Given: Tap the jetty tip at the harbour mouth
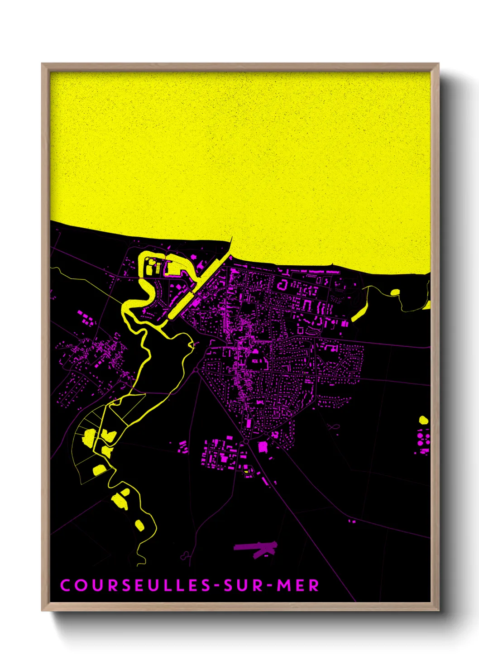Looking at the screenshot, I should pos(231,239).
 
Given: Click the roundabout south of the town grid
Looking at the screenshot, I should pos(245,440).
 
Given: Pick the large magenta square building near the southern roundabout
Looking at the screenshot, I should pos(263,447).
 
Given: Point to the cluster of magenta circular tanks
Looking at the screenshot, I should pos(423,441).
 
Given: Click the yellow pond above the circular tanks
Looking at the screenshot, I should pos(423,420).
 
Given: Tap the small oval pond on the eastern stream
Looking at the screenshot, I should pos(395,292).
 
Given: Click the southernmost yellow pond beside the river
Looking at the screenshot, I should pos(139,525).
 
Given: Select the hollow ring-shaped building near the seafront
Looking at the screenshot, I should pos(283,285).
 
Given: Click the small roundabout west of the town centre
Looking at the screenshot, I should pos(196,370).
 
